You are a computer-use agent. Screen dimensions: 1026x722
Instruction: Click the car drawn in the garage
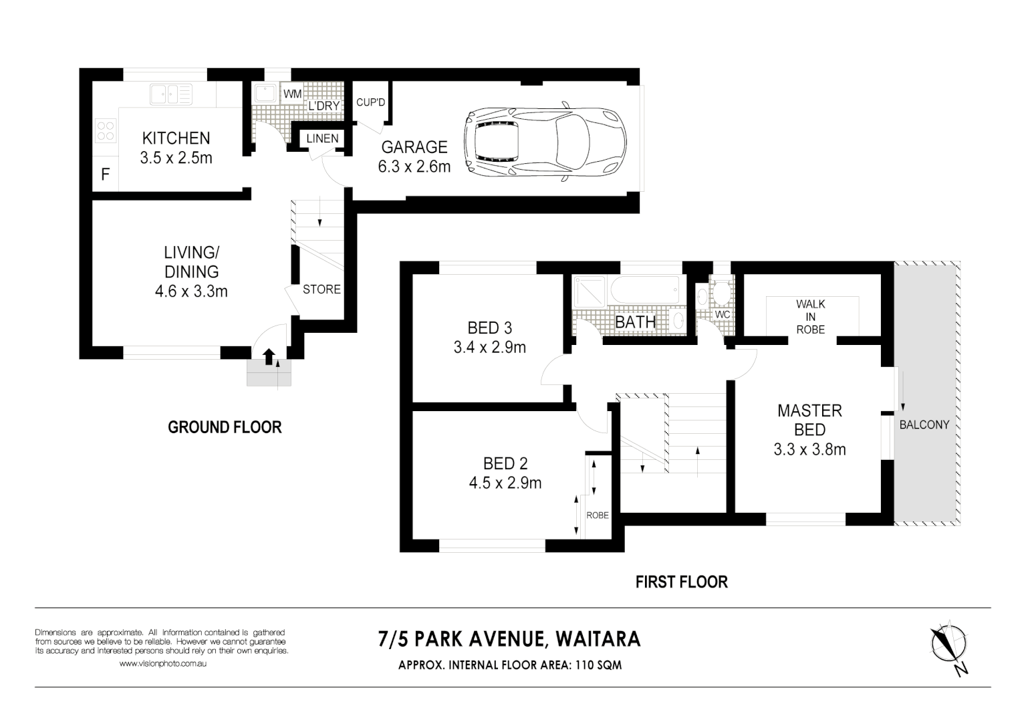[x=545, y=142]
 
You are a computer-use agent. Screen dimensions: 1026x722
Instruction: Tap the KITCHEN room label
[x=176, y=138]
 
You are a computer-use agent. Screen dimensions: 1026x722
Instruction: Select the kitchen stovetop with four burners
[x=106, y=130]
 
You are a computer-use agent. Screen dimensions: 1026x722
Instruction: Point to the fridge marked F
[x=106, y=174]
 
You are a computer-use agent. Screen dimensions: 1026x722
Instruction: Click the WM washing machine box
[x=292, y=94]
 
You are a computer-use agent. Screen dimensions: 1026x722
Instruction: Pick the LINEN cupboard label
[x=322, y=138]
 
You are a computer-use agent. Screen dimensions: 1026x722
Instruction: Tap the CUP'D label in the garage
[x=370, y=102]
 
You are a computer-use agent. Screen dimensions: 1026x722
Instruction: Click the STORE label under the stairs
[x=322, y=289]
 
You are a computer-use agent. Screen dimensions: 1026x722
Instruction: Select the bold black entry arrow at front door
[x=269, y=357]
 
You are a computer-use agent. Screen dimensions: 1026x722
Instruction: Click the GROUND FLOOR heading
[x=225, y=427]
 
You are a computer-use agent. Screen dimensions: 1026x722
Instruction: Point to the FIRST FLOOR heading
[x=682, y=582]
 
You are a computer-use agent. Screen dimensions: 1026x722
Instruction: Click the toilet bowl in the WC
[x=723, y=293]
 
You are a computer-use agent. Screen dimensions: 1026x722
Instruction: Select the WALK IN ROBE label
[x=810, y=317]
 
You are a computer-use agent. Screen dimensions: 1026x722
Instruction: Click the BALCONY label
[x=924, y=425]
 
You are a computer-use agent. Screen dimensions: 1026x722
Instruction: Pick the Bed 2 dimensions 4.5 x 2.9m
[x=505, y=483]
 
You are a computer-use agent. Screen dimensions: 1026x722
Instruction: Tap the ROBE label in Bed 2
[x=598, y=515]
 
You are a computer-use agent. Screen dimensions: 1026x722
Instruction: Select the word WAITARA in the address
[x=598, y=639]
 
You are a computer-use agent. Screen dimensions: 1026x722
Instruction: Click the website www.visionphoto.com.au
[x=163, y=663]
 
